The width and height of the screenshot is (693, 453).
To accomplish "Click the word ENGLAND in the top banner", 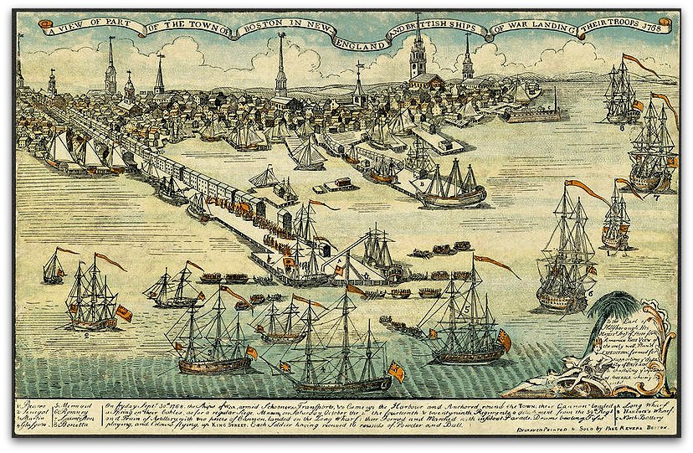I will pos(364,36).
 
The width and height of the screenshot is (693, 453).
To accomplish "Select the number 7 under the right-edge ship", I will pos(658,198).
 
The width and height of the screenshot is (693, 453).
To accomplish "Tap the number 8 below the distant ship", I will pos(622,127).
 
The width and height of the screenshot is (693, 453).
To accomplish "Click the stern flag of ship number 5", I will pos(505,339).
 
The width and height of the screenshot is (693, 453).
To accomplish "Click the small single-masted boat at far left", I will pos(54,270).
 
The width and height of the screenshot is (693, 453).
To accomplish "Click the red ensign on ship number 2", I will pos(124,313).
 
